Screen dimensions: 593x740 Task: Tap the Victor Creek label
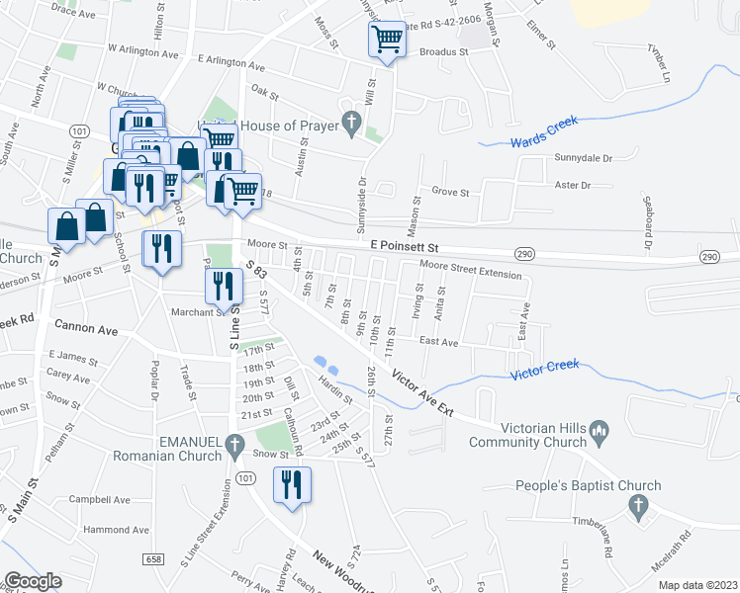pyautogui.click(x=544, y=374)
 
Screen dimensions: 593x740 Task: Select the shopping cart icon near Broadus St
pyautogui.click(x=387, y=41)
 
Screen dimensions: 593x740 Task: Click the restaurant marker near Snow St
pyautogui.click(x=292, y=484)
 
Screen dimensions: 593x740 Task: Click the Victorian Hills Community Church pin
pyautogui.click(x=599, y=430)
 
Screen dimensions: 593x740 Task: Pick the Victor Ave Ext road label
pyautogui.click(x=422, y=392)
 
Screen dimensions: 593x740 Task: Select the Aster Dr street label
pyautogui.click(x=572, y=185)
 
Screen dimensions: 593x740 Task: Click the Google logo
pyautogui.click(x=33, y=581)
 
